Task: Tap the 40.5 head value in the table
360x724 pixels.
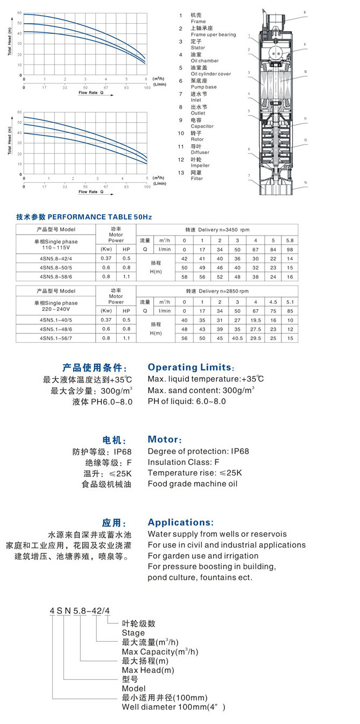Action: [237, 338]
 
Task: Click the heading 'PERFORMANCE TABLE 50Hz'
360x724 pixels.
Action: [100, 217]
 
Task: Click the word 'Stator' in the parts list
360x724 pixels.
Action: [198, 48]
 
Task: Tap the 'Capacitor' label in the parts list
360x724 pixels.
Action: [202, 126]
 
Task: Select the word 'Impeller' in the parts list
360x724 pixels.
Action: [201, 166]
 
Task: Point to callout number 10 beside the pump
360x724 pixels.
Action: [305, 72]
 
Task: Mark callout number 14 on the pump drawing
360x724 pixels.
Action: [305, 183]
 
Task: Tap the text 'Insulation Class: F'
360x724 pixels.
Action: [183, 462]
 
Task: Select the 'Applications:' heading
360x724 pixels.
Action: [181, 522]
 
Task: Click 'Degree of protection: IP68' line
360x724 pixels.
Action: [199, 451]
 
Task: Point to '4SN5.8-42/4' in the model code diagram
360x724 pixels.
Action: [80, 610]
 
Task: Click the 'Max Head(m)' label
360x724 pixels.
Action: [149, 670]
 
